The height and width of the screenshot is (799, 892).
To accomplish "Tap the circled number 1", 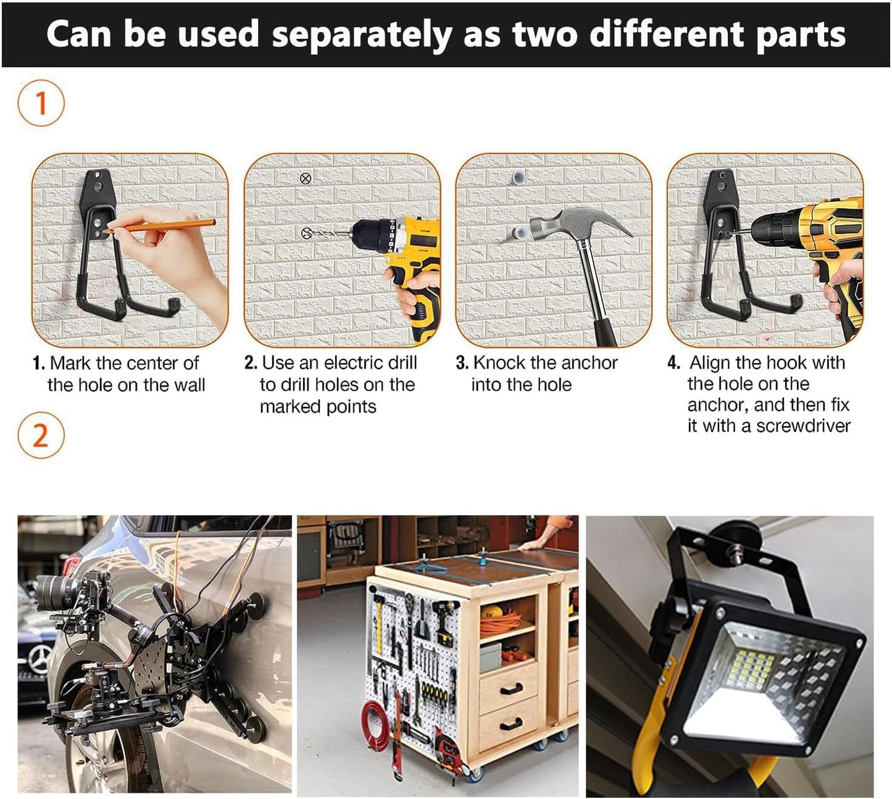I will click(x=41, y=103).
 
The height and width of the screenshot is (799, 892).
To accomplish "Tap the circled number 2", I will click(x=41, y=436).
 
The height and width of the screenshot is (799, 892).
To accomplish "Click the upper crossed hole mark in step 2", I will click(x=305, y=178).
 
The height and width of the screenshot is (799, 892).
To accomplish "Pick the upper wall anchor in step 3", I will click(x=517, y=178).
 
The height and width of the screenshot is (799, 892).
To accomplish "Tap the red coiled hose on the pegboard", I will click(x=375, y=722).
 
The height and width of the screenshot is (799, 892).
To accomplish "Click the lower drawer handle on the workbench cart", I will click(x=510, y=724).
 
